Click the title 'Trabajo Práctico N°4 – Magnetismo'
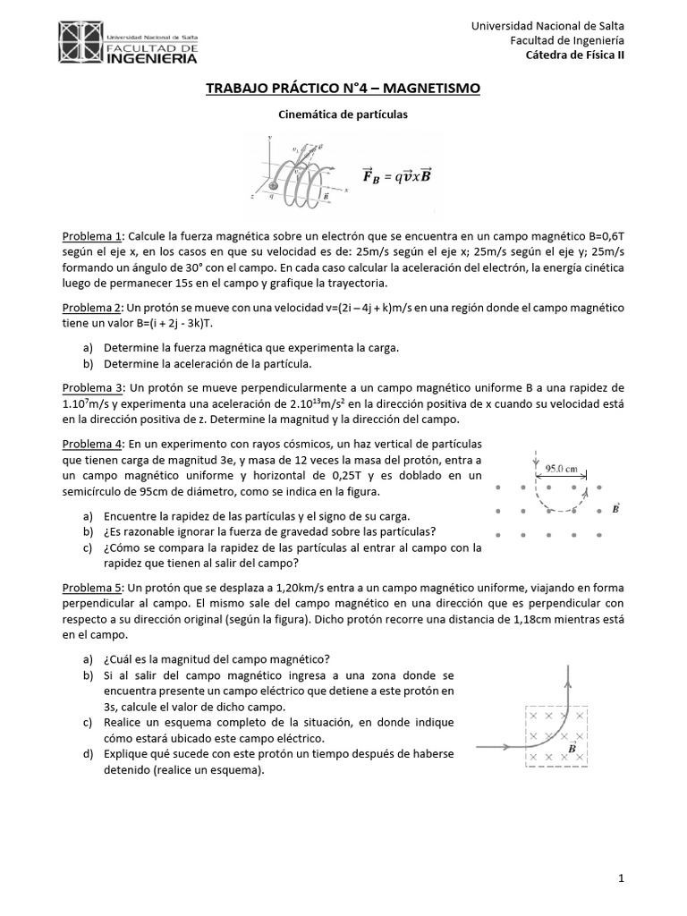point(343,88)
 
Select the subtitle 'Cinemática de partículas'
point(343,114)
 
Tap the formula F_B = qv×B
point(396,175)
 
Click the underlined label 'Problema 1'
point(91,236)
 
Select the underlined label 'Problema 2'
point(91,307)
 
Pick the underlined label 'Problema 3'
point(91,387)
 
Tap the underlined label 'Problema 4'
point(91,444)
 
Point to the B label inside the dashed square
point(572,746)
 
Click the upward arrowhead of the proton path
point(569,670)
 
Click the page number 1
point(621,879)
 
